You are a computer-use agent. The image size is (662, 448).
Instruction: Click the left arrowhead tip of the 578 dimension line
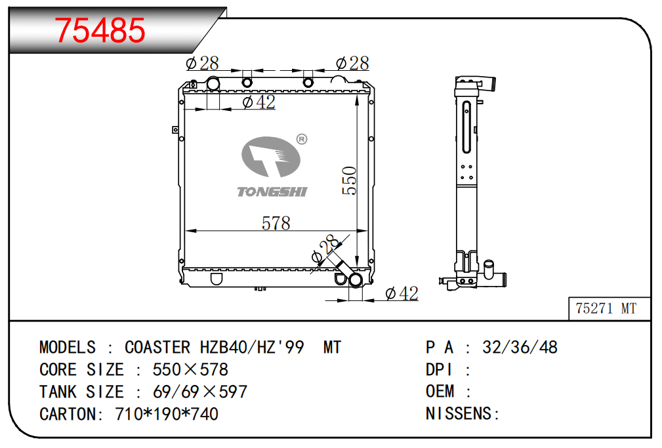[185, 231]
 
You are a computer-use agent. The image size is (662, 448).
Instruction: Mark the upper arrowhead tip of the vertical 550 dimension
[357, 95]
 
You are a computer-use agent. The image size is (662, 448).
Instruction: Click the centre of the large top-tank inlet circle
[213, 83]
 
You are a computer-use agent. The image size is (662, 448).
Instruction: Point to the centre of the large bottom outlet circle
[356, 280]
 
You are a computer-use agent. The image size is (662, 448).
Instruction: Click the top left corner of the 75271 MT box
[569, 297]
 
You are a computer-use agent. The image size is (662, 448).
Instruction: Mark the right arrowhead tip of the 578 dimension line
[367, 231]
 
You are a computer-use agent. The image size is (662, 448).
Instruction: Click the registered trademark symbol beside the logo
[302, 139]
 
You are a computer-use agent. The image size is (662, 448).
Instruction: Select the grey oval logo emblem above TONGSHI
[270, 157]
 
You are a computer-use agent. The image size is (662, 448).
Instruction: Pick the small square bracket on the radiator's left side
[175, 130]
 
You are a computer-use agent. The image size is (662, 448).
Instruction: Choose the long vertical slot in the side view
[466, 127]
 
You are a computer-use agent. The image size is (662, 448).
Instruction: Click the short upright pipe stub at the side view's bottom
[489, 270]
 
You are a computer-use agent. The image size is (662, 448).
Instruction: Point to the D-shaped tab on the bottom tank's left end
[216, 279]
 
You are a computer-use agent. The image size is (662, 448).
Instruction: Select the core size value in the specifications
[190, 370]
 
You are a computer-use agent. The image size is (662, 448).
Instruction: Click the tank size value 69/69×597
[200, 392]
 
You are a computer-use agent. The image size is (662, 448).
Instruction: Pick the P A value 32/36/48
[520, 348]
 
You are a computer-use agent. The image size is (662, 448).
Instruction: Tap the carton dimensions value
[167, 414]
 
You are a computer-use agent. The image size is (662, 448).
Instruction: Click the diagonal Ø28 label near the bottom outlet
[325, 249]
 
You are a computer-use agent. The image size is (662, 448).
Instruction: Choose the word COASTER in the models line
[157, 348]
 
